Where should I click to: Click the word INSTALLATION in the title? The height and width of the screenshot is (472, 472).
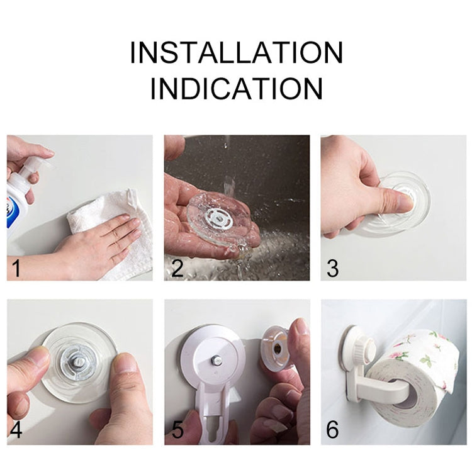tap(236, 53)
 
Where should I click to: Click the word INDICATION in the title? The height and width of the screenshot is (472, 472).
tap(236, 89)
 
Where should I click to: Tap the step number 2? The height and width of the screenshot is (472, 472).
tap(177, 269)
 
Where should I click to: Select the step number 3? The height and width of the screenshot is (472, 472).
tap(333, 269)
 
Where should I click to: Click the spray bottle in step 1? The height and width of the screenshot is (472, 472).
tap(19, 195)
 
